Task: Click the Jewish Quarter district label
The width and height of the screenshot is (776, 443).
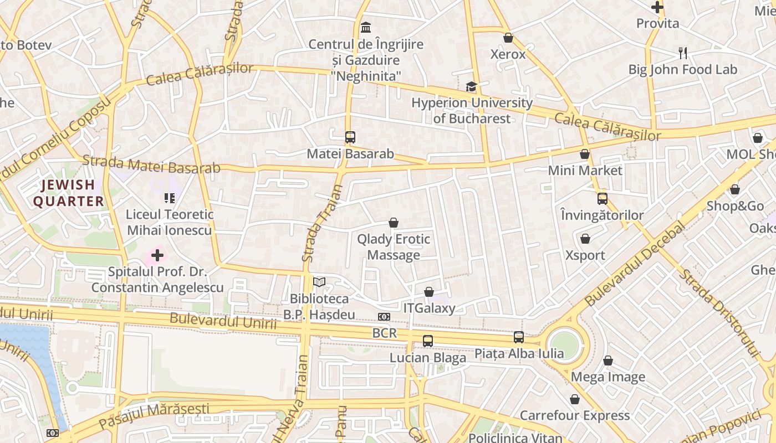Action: click(x=69, y=193)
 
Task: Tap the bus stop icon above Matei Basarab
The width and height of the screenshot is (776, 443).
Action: click(x=350, y=137)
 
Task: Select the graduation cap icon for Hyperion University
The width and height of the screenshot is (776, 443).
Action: click(x=471, y=86)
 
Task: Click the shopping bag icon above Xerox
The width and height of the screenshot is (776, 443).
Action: click(x=508, y=38)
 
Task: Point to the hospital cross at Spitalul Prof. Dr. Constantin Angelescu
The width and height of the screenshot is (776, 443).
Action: click(x=157, y=255)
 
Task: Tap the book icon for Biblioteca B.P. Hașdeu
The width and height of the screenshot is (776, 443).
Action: click(x=319, y=282)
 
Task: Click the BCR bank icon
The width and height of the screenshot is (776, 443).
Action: click(x=384, y=317)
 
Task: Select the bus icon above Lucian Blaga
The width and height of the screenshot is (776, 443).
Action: click(x=427, y=341)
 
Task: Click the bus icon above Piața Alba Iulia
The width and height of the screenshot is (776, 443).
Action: click(x=518, y=337)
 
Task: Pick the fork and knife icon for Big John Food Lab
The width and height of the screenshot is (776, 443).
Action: click(x=683, y=53)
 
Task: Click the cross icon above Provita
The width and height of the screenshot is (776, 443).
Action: click(x=657, y=7)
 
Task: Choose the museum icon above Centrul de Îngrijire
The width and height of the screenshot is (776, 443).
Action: click(x=366, y=27)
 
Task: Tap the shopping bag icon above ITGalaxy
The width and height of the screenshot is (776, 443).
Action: click(x=429, y=292)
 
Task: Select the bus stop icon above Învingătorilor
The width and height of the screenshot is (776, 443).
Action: click(x=602, y=198)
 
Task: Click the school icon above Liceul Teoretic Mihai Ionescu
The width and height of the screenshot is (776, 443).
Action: click(x=169, y=198)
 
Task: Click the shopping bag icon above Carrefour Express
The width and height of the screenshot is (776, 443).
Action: click(x=575, y=399)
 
